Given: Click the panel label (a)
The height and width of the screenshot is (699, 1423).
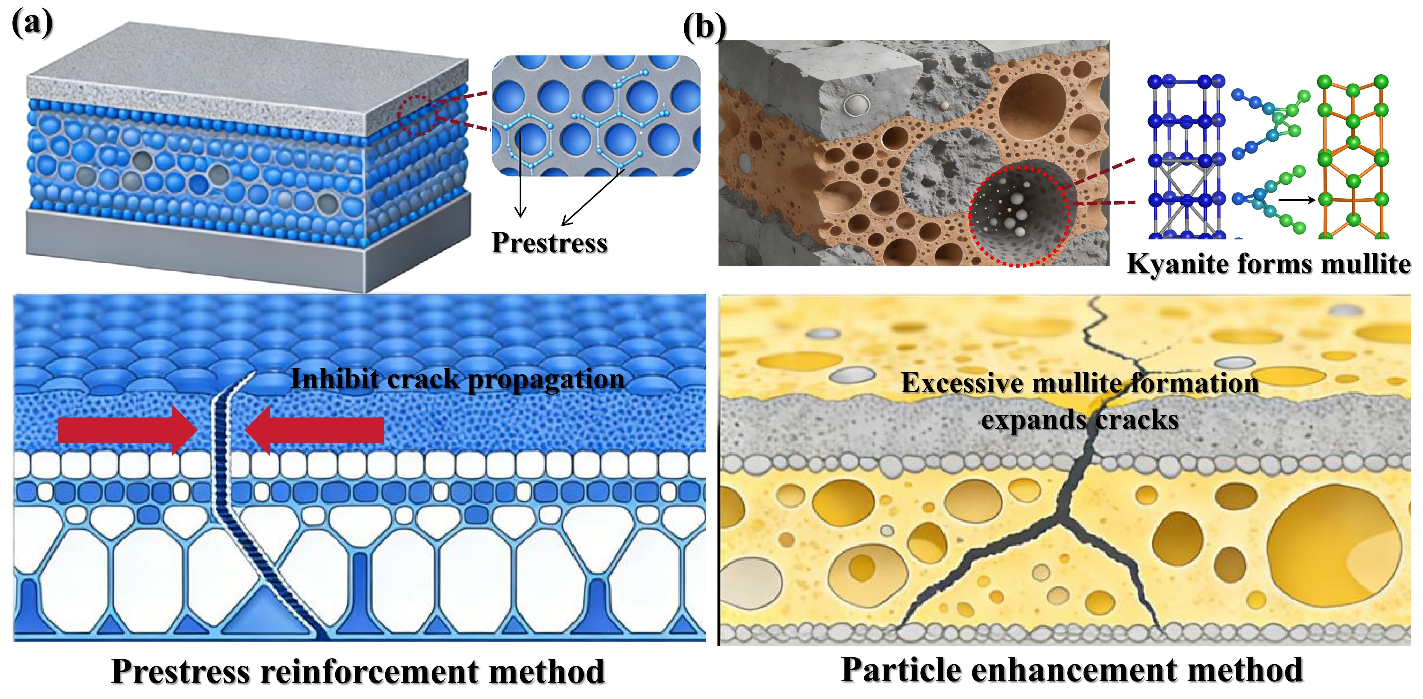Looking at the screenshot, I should click(x=32, y=23).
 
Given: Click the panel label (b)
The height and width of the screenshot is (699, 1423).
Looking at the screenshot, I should click(x=704, y=28).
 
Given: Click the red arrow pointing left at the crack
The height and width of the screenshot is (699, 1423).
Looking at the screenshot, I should click(x=315, y=430).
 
